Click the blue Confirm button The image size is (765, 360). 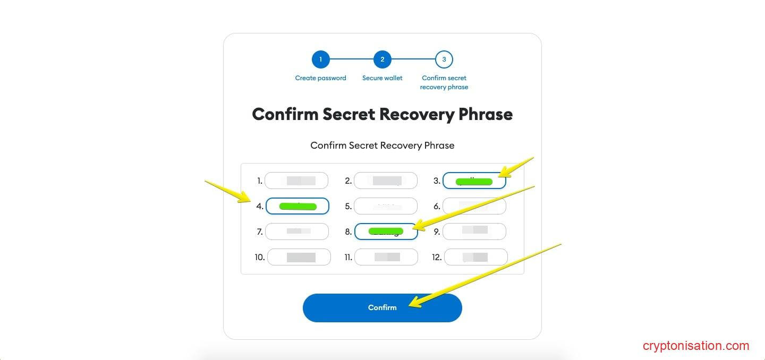pos(382,307)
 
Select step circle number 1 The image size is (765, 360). pos(320,59)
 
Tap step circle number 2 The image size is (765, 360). pos(382,59)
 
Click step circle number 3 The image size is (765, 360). pos(444,59)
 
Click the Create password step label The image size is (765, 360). pos(320,78)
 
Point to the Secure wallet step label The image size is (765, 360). pos(382,78)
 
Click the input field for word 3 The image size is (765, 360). pos(474,181)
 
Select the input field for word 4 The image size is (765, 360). pos(297,206)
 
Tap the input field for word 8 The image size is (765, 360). pos(386,232)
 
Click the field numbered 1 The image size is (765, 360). pos(296,181)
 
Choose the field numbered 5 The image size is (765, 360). pos(385,206)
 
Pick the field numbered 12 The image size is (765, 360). pos(475,257)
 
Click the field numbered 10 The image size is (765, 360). pos(299,257)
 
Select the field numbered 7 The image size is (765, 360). pos(296,232)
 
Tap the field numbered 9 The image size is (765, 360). pos(474,232)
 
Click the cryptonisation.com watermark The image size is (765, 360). pos(695,346)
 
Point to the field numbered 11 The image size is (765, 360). pos(386,257)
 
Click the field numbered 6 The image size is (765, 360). pos(474,206)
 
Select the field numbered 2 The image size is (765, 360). pos(385,181)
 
